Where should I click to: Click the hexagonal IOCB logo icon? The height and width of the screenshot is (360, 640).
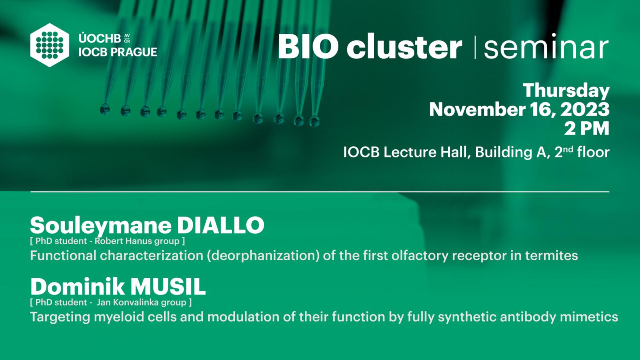(50, 45)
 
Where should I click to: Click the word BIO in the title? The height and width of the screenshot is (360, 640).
(308, 46)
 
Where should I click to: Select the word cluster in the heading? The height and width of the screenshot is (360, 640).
(404, 46)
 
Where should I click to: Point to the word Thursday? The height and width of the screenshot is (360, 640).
(566, 91)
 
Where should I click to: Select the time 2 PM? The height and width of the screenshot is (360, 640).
(587, 128)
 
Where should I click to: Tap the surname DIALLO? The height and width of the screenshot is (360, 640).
(220, 226)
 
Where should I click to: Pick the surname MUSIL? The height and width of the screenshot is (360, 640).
(168, 286)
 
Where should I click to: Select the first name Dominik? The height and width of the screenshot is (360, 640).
(78, 286)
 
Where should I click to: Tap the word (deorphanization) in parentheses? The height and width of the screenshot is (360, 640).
(263, 256)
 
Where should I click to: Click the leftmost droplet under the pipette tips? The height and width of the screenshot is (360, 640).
(104, 109)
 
